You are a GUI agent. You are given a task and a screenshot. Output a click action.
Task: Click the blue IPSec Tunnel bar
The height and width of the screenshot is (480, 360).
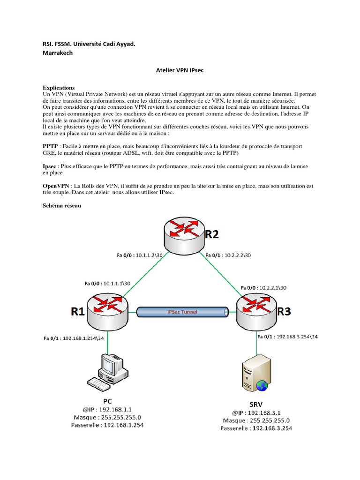coord(183,311)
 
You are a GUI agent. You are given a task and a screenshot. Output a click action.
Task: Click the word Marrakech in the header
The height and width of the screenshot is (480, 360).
coord(58,53)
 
